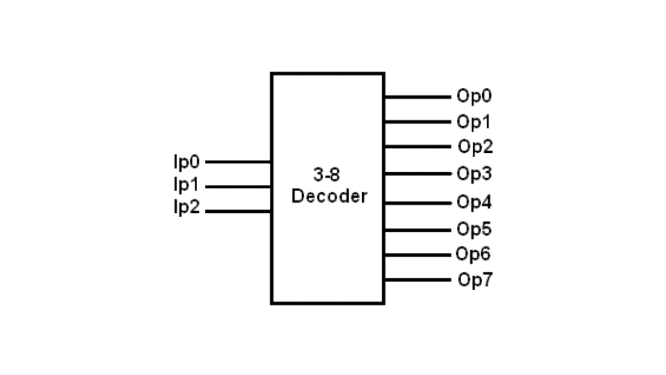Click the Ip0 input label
(186, 162)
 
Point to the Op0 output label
(474, 96)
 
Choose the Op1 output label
(474, 121)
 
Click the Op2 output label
(475, 147)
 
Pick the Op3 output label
(474, 174)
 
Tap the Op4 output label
(474, 202)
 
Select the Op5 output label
(474, 229)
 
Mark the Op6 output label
(473, 254)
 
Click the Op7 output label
(475, 279)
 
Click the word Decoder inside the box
(329, 196)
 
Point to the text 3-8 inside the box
(327, 175)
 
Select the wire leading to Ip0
(238, 162)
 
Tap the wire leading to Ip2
(238, 212)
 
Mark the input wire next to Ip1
(238, 187)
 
